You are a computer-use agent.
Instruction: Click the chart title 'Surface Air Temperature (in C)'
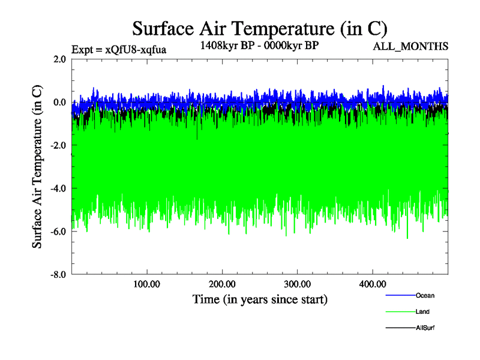[x=260, y=29]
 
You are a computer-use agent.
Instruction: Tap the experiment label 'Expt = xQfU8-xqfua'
[x=119, y=50]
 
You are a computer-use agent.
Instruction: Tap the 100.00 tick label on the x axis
[x=147, y=284]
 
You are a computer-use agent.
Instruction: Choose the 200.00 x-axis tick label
[x=222, y=284]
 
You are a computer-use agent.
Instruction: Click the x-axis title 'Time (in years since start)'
[x=260, y=299]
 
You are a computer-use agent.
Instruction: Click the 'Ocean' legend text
[x=425, y=295]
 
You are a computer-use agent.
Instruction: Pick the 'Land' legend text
[x=422, y=312]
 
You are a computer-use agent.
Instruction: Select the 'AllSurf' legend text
[x=425, y=328]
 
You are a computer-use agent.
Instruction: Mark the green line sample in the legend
[x=400, y=312]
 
